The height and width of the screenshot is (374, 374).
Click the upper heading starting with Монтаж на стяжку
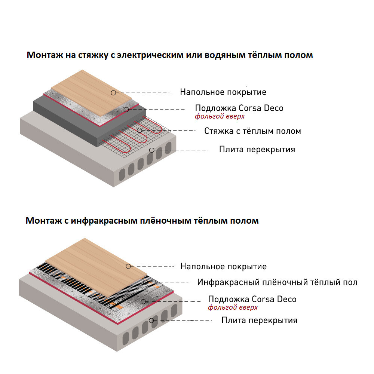pos(169,55)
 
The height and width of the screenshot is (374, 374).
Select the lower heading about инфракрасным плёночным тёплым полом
pos(142,221)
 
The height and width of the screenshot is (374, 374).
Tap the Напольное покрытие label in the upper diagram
pos(223,92)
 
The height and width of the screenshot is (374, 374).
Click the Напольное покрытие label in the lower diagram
pos(224,266)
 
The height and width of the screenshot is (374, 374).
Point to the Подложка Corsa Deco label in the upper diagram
pos(239,108)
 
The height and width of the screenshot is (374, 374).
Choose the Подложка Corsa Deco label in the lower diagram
pos(252,299)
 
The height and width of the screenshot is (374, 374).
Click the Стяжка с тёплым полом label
pos(252,131)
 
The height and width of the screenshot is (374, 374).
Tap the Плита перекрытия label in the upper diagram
pos(257,150)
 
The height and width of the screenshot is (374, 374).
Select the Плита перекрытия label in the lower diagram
pos(259,321)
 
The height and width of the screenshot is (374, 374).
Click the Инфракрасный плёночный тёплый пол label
pos(277,282)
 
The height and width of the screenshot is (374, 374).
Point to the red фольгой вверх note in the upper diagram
pos(220,116)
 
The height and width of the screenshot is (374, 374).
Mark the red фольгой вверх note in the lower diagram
pos(233,307)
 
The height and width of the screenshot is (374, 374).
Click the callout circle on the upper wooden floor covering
pos(113,93)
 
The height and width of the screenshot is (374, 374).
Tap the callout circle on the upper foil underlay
pos(126,110)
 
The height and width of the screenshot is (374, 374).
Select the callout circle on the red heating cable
pos(140,130)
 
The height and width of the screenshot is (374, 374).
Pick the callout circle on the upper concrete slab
pos(152,150)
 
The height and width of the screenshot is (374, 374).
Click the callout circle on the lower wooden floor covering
pos(128,266)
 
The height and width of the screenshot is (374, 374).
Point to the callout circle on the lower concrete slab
pos(151,321)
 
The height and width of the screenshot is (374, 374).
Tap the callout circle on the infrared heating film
pos(145,282)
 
